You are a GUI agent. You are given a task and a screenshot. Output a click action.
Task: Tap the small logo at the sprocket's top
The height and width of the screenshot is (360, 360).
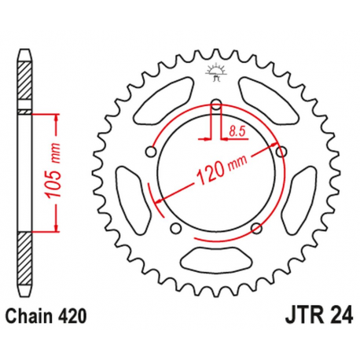215,73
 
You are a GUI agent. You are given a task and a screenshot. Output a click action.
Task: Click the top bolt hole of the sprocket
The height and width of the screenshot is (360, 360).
215,101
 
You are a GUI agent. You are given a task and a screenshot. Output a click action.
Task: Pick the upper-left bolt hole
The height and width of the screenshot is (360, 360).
149,149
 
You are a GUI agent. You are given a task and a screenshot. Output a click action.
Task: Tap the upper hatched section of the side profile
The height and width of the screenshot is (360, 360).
25,82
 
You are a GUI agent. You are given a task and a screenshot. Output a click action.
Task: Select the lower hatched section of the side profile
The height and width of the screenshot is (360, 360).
25,259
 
